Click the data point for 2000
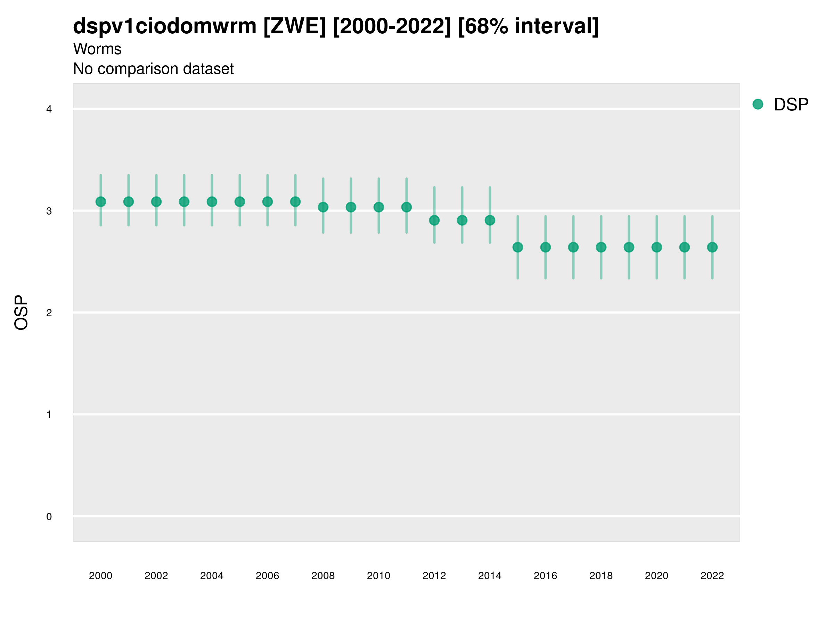[101, 202]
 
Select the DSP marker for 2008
[323, 207]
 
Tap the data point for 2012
[434, 220]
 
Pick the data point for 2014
[490, 220]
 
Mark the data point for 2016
[546, 247]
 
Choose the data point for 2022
[712, 247]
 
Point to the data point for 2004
[212, 202]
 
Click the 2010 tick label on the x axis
[378, 576]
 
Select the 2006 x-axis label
[267, 576]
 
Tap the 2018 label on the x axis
[601, 576]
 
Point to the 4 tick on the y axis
[49, 109]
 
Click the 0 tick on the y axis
[49, 517]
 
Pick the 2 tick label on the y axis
[49, 313]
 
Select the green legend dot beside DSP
[758, 105]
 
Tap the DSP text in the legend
[791, 105]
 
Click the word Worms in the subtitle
[97, 49]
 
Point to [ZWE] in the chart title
[294, 26]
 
